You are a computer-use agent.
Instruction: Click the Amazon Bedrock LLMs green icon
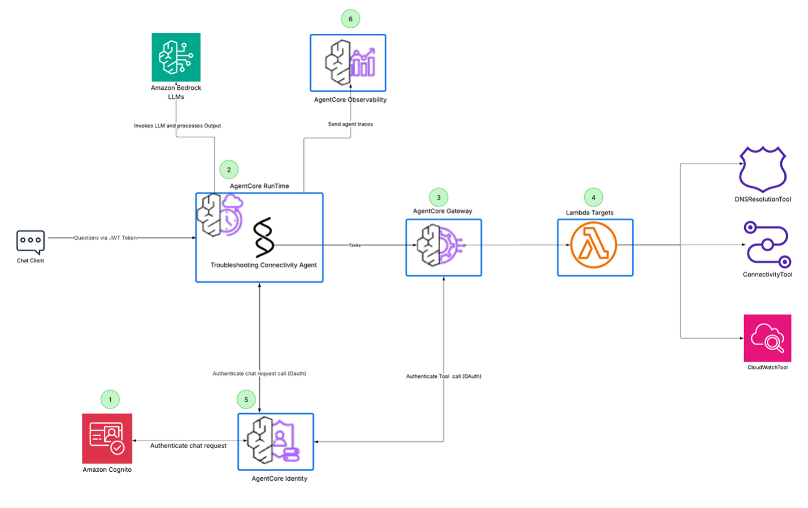tap(176, 57)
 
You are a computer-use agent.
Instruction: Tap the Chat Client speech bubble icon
tap(31, 242)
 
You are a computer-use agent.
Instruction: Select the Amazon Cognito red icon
tap(107, 438)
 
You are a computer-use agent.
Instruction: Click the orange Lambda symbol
tap(593, 246)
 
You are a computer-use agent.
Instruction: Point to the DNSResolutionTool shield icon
tap(763, 169)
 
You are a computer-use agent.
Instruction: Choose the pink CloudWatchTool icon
tap(767, 338)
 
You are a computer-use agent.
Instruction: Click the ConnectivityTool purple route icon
tap(767, 244)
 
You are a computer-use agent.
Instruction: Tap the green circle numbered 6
tap(350, 19)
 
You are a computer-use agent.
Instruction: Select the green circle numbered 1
tap(110, 399)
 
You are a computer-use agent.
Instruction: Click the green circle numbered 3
tap(438, 197)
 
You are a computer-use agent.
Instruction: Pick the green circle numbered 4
tap(593, 197)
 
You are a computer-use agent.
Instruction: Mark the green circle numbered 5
tap(246, 399)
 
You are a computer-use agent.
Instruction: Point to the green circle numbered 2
tap(229, 170)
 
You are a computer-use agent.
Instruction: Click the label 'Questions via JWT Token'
tap(106, 238)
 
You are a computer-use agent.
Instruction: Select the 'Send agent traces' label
tap(350, 124)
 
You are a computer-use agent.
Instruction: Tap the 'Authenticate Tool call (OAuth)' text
tap(444, 376)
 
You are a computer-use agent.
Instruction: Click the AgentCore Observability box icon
tap(348, 63)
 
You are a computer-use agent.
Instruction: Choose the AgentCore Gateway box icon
tap(444, 247)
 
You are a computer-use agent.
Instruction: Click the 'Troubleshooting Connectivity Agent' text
tap(263, 265)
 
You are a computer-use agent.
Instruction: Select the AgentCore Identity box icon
tap(276, 441)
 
